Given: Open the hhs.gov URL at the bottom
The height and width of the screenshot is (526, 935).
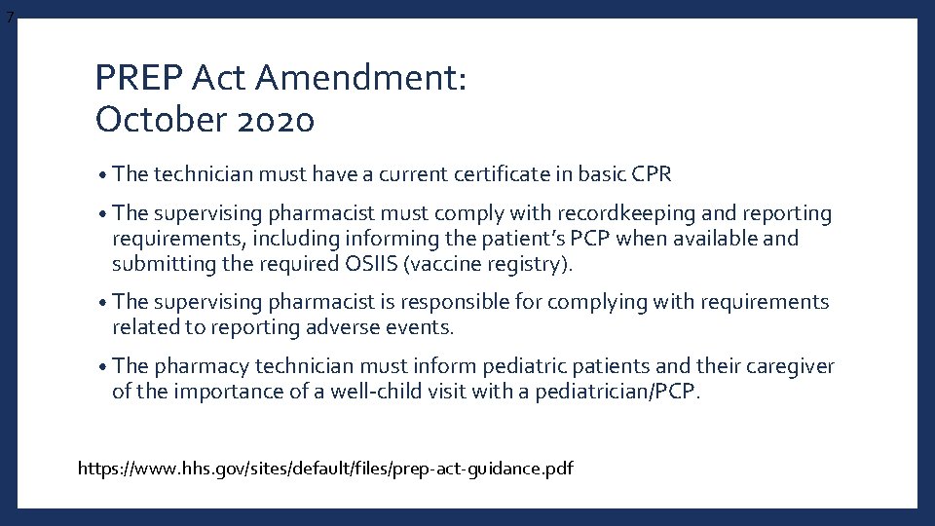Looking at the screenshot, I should (325, 469).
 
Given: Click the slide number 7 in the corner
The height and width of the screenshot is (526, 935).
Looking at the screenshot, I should (9, 17).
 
